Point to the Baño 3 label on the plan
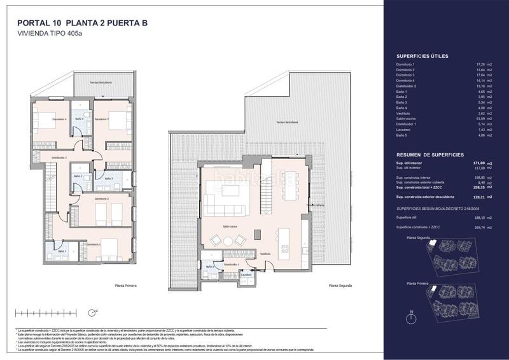pos(108,179)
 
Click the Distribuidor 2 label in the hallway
pos(59,156)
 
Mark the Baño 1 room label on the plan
pos(62,252)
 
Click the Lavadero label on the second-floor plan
pos(245,275)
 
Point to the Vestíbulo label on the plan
pos(265,254)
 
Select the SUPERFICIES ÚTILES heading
pos(422,56)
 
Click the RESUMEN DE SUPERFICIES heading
pos(429,155)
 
